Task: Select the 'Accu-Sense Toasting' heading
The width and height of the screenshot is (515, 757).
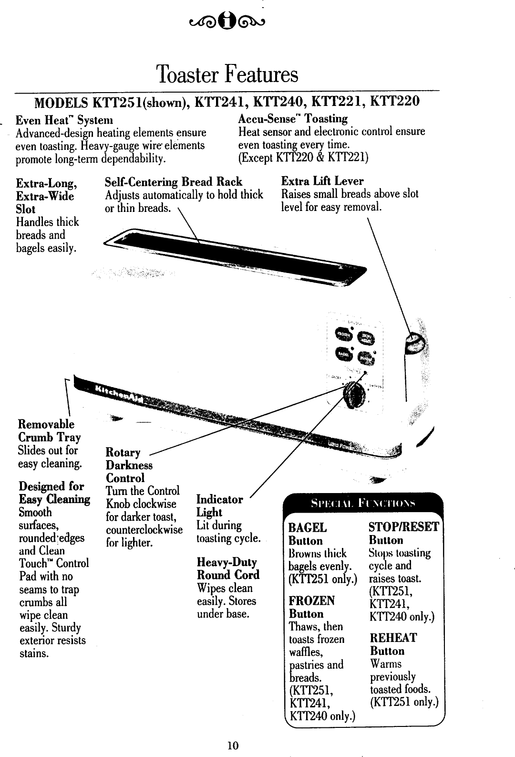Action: pos(293,118)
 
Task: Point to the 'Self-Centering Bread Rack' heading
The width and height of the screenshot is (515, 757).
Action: pos(174,182)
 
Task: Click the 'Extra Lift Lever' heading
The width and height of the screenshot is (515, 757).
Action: pos(322,181)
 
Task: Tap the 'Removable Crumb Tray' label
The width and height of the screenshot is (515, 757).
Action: pos(49,431)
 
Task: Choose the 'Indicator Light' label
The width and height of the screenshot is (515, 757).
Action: pos(219,506)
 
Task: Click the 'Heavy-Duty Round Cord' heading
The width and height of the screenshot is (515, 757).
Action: pos(228,568)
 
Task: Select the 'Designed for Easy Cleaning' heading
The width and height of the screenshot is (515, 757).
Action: pos(54,493)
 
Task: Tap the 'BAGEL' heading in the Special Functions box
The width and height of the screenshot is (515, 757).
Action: pos(308,528)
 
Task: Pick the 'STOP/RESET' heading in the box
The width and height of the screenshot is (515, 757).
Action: pos(404,527)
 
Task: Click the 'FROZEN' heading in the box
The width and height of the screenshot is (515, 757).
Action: pos(312,600)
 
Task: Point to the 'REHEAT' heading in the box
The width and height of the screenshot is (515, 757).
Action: pos(393,638)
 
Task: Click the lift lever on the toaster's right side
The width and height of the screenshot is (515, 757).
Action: pos(414,342)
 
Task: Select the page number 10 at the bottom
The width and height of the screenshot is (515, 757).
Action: pos(233,745)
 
